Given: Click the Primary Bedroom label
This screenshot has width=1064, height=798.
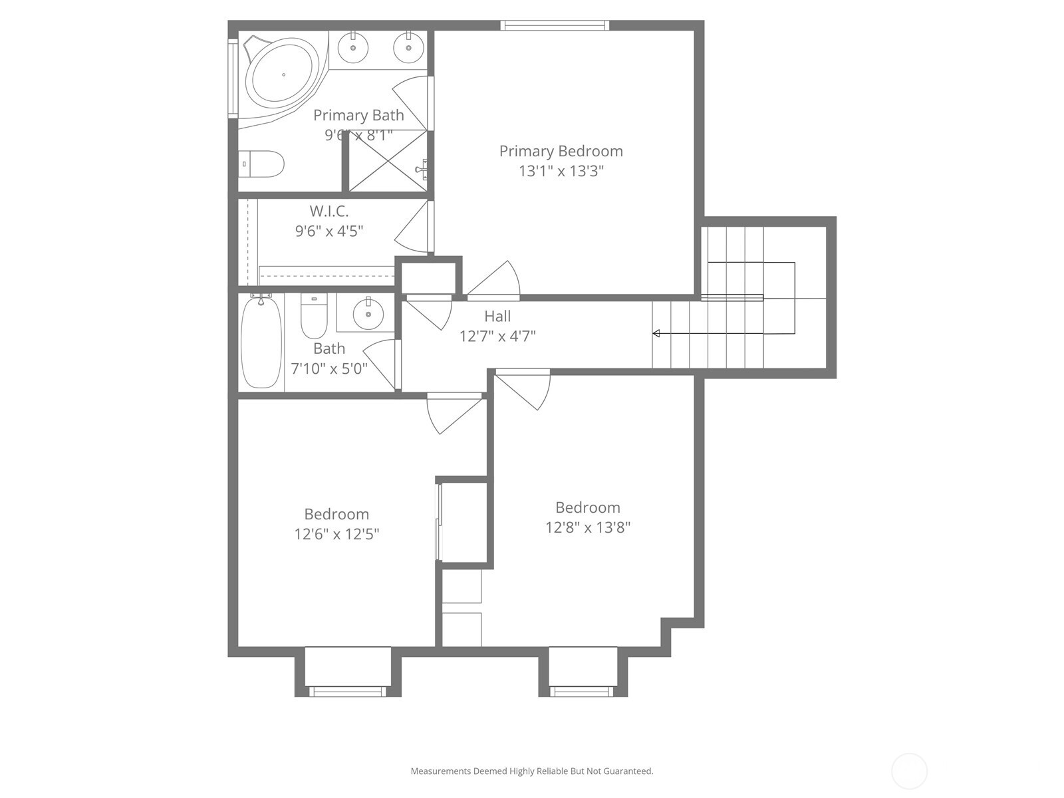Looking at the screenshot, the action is click(561, 151).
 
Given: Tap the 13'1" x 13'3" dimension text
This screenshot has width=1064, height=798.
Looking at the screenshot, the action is click(561, 171).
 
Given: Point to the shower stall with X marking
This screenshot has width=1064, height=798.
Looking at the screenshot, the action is click(388, 160).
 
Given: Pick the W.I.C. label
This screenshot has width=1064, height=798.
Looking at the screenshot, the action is click(329, 211).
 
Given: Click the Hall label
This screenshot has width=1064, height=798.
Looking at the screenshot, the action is click(497, 317).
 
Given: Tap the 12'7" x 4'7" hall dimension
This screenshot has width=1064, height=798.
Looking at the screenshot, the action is click(497, 336).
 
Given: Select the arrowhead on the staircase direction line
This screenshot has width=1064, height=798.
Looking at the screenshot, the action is click(656, 333).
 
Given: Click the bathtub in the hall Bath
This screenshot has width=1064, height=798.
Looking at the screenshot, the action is click(261, 342).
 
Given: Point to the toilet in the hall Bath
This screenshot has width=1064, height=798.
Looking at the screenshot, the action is click(314, 316).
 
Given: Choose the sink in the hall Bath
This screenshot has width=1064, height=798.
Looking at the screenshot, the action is click(368, 314).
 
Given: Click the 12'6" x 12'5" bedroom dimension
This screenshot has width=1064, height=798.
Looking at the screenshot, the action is click(337, 534).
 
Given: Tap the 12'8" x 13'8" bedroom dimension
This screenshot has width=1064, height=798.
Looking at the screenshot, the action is click(587, 527).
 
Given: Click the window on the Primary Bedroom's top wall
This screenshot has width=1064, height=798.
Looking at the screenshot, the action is click(555, 25).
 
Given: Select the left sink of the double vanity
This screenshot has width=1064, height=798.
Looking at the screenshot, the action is click(353, 47).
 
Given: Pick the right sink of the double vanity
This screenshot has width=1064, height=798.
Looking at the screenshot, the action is click(408, 47).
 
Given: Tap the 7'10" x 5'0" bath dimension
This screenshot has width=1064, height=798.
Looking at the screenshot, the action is click(329, 368).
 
